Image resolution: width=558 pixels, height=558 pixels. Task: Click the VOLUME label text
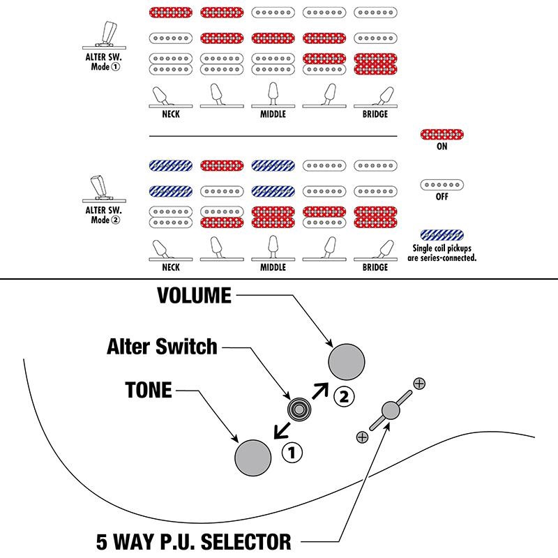(194, 295)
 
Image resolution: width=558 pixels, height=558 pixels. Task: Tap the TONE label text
(149, 390)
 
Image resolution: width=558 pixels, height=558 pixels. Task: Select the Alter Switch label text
(163, 346)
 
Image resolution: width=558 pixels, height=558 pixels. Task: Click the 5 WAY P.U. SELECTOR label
(193, 541)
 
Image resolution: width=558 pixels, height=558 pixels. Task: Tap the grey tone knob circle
(253, 458)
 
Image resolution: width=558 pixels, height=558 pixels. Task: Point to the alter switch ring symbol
(299, 409)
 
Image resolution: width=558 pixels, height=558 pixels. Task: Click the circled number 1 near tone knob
(292, 453)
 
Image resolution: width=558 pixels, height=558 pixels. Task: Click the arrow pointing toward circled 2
(321, 389)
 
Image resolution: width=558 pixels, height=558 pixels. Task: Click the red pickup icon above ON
(442, 135)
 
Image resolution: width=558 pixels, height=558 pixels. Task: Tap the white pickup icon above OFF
(442, 185)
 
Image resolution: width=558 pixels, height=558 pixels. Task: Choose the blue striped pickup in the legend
(442, 235)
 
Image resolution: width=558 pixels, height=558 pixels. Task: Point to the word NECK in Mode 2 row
(170, 267)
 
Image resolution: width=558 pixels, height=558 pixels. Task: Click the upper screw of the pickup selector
(419, 383)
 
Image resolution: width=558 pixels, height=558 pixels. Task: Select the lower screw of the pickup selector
(361, 437)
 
